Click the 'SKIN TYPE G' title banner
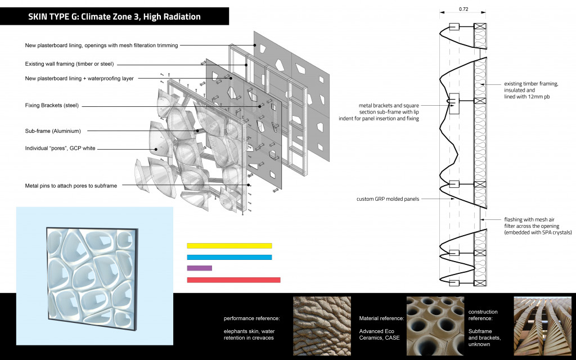click(114, 17)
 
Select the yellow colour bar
click(229, 246)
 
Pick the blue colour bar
click(229, 258)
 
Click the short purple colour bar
click(199, 268)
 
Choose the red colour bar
click(233, 280)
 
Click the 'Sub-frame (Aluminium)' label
click(53, 131)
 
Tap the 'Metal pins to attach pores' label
click(71, 186)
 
